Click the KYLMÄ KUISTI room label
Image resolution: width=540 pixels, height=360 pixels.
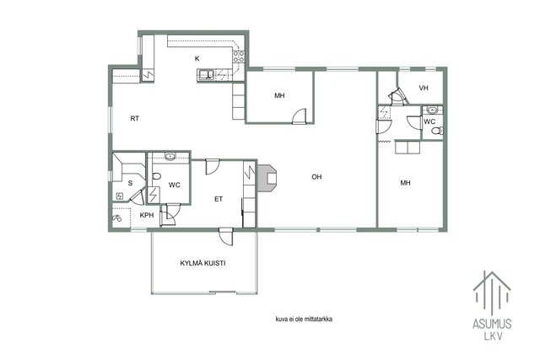[202, 263]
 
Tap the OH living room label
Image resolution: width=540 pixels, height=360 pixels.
[316, 177]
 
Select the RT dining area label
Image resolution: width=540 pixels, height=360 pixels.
[135, 119]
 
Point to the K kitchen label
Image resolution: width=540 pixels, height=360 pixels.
[197, 58]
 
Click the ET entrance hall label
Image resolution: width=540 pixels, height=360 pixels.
[219, 199]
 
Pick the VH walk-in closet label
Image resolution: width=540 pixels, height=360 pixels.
[424, 89]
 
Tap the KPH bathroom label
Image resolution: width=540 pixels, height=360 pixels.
[146, 216]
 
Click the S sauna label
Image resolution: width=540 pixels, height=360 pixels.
[130, 183]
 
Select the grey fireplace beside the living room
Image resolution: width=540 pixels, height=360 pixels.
[267, 177]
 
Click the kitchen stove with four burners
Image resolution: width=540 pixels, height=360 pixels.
[239, 56]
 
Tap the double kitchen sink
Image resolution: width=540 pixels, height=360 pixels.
[206, 74]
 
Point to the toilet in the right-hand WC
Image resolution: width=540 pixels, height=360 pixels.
[438, 131]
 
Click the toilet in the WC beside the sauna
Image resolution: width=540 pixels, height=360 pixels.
[156, 176]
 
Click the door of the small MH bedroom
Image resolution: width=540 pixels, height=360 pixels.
[299, 116]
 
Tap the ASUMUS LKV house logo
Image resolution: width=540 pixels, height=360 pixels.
[492, 306]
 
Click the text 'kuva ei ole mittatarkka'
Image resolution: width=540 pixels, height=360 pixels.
[304, 319]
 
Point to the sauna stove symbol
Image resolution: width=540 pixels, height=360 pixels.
[120, 196]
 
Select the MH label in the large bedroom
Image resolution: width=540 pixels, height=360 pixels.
[405, 183]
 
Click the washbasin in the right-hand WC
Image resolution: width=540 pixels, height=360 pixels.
[432, 110]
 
